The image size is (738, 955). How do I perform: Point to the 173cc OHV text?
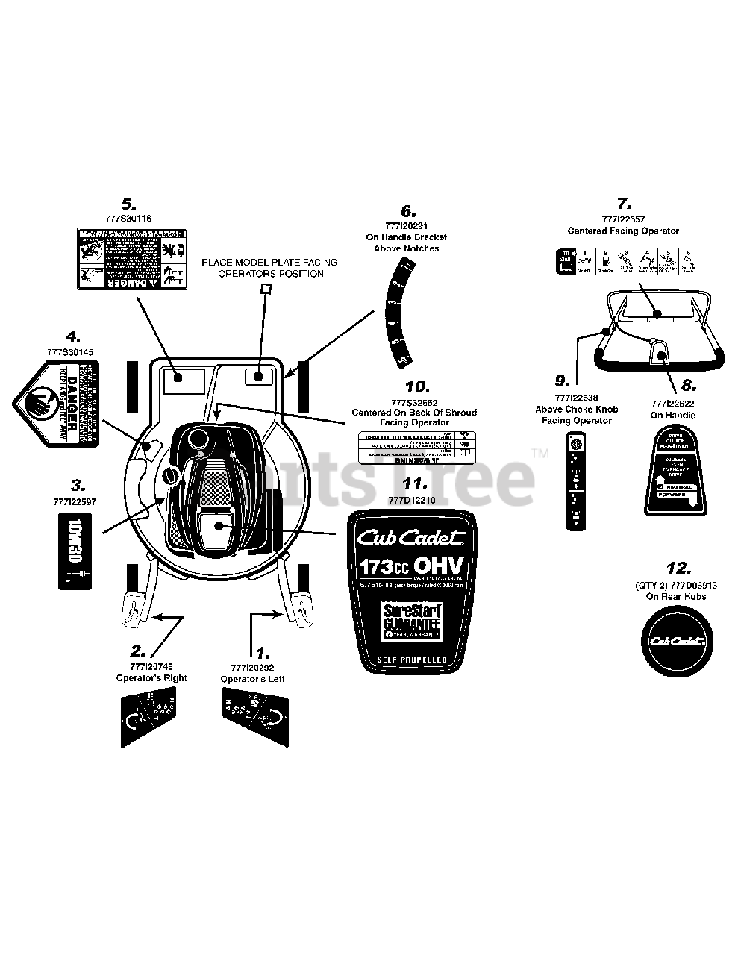point(412,566)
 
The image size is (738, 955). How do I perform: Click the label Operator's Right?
point(151,678)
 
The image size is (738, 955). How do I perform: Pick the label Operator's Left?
point(252,679)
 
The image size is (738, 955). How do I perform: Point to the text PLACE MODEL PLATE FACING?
point(269,262)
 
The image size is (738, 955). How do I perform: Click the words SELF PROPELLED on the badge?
point(412,660)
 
